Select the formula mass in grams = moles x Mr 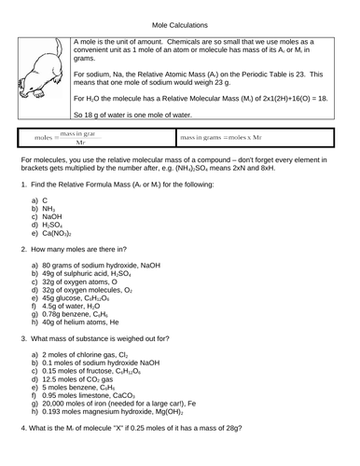pyautogui.click(x=226, y=138)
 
